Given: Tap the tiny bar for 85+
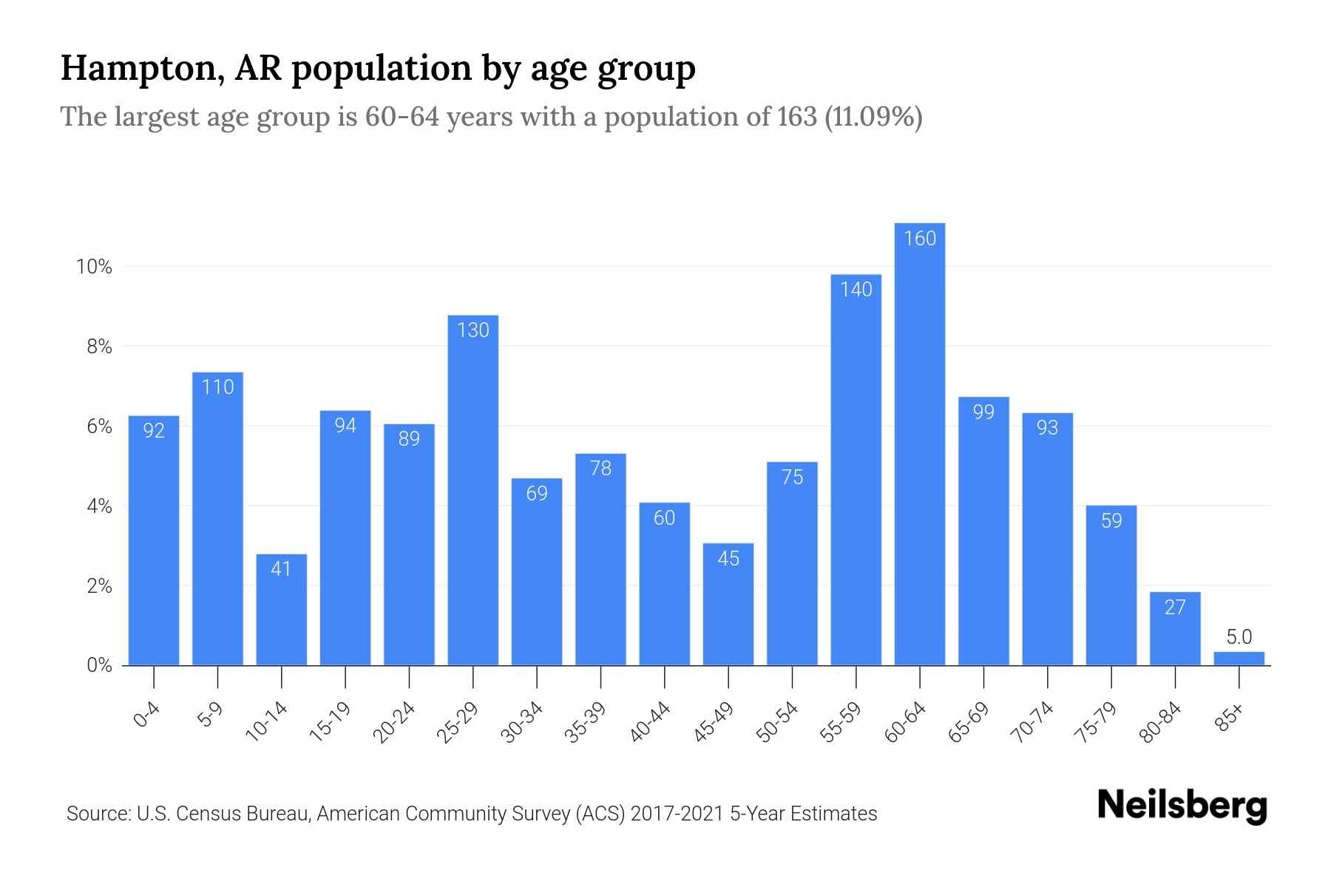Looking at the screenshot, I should [1239, 658].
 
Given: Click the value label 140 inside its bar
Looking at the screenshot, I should [856, 290].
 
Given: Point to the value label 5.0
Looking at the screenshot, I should [1239, 636].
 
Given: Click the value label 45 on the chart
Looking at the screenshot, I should [728, 559].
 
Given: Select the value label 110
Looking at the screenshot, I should [217, 387].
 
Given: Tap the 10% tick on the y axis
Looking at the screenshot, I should [95, 267].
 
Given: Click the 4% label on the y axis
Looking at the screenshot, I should [99, 506].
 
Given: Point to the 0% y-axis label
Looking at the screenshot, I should [99, 665].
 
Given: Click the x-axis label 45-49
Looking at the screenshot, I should [714, 722].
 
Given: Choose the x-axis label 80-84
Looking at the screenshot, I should [1160, 722].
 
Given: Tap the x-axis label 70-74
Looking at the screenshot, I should [1032, 722].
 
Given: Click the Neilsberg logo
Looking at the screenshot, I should [1182, 806].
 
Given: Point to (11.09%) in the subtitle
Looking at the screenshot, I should [873, 117].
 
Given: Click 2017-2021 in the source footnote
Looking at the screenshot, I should [677, 814].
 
